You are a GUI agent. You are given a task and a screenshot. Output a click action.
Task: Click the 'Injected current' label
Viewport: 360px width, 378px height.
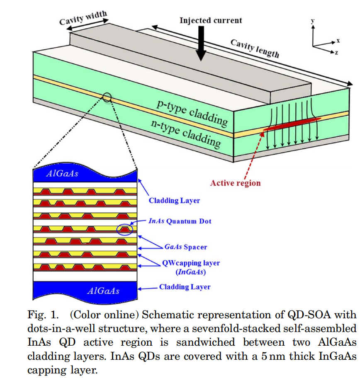[x=210, y=20]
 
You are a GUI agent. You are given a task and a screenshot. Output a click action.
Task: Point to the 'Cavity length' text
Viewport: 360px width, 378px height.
[x=255, y=48]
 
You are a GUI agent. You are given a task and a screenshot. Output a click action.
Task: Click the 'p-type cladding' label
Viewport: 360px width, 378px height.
[x=192, y=113]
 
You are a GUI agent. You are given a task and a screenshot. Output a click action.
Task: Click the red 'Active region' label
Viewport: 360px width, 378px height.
[x=235, y=183]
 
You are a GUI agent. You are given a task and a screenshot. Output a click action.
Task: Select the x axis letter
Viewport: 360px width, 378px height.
[x=338, y=40]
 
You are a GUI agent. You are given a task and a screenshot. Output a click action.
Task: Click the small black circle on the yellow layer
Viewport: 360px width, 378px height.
[x=107, y=97]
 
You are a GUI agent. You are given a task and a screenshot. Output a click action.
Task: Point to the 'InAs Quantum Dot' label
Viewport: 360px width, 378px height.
[x=180, y=221]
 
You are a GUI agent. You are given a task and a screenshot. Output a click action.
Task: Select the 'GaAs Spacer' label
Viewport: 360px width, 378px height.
[x=185, y=247]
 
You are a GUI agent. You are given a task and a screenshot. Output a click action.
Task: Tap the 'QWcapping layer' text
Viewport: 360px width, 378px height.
[x=191, y=263]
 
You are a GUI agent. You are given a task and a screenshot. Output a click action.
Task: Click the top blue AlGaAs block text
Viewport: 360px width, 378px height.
[x=62, y=173]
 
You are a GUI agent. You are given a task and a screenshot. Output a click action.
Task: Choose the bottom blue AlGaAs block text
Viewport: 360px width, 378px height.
[x=103, y=290]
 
